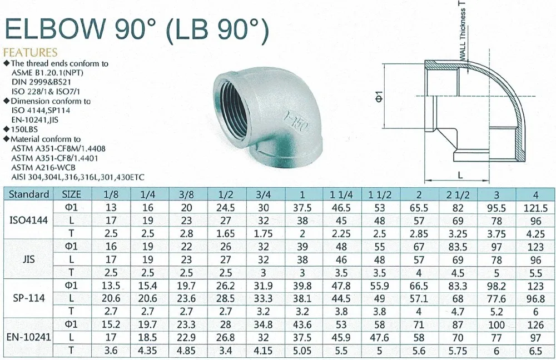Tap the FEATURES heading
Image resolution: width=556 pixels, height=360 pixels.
pyautogui.click(x=31, y=53)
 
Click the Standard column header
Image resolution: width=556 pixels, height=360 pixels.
pyautogui.click(x=29, y=194)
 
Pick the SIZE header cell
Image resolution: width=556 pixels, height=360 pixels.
pyautogui.click(x=71, y=194)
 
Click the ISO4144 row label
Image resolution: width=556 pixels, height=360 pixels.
pyautogui.click(x=29, y=219)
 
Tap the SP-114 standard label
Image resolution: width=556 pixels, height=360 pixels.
pyautogui.click(x=29, y=297)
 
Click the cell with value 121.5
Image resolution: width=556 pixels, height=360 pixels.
pyautogui.click(x=535, y=207)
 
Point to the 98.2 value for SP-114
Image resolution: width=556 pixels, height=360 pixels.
pyautogui.click(x=497, y=285)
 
